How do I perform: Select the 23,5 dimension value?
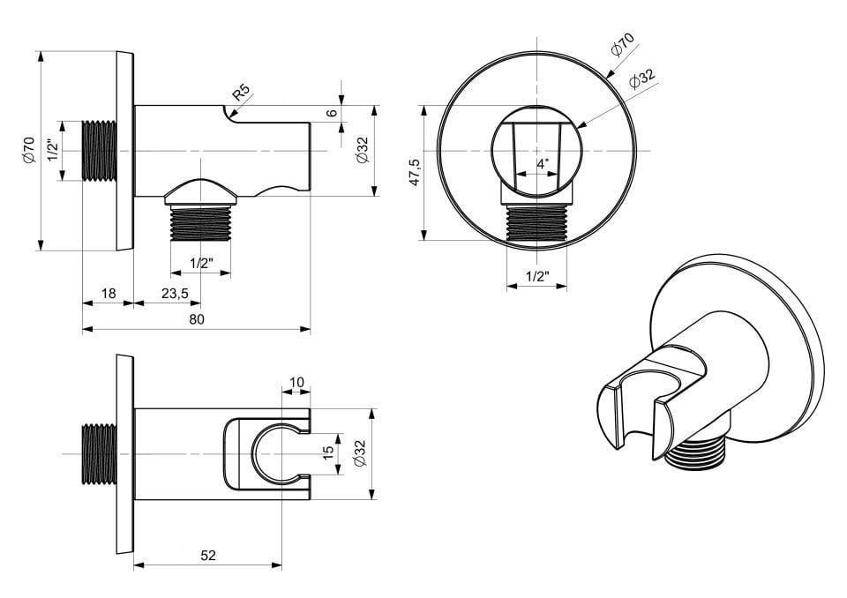click(x=175, y=294)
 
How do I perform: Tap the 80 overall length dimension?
click(x=197, y=319)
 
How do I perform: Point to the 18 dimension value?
click(x=109, y=294)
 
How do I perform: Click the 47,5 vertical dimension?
click(x=415, y=172)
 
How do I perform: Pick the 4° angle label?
click(x=543, y=164)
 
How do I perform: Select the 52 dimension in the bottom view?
click(x=208, y=556)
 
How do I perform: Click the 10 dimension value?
click(x=296, y=383)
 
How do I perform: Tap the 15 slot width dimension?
click(x=328, y=452)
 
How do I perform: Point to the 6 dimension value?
click(x=333, y=113)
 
